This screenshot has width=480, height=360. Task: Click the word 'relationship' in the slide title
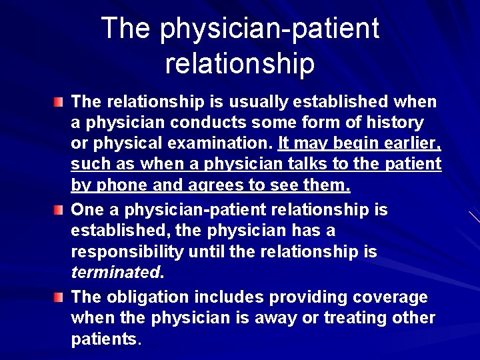coord(239,64)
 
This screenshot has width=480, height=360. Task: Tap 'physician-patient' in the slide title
coord(269,28)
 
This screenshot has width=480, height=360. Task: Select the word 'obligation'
coord(147,296)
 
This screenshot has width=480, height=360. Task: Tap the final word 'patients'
coord(103,339)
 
